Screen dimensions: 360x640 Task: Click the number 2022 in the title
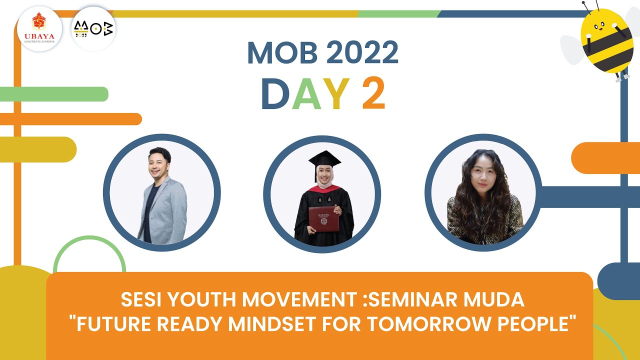pos(357,52)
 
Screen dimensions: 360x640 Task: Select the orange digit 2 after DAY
pos(373,94)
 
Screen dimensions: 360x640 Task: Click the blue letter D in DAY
pos(275,94)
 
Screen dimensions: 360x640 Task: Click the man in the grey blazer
pos(161,200)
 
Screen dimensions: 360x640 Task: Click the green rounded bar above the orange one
pos(54,94)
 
